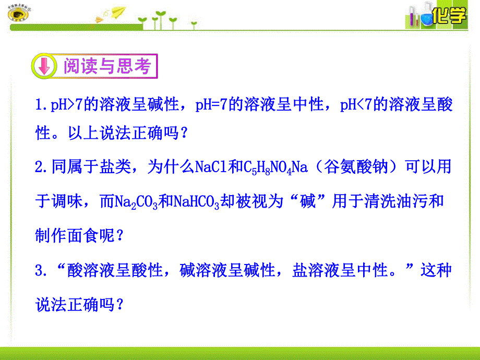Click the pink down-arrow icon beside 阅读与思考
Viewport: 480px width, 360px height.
(44, 66)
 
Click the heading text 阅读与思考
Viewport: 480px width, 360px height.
(106, 66)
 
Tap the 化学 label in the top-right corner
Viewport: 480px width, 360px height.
(450, 16)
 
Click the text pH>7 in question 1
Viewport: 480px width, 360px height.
(66, 106)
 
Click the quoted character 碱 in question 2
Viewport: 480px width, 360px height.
(308, 201)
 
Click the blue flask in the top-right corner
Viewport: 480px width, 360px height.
(427, 19)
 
